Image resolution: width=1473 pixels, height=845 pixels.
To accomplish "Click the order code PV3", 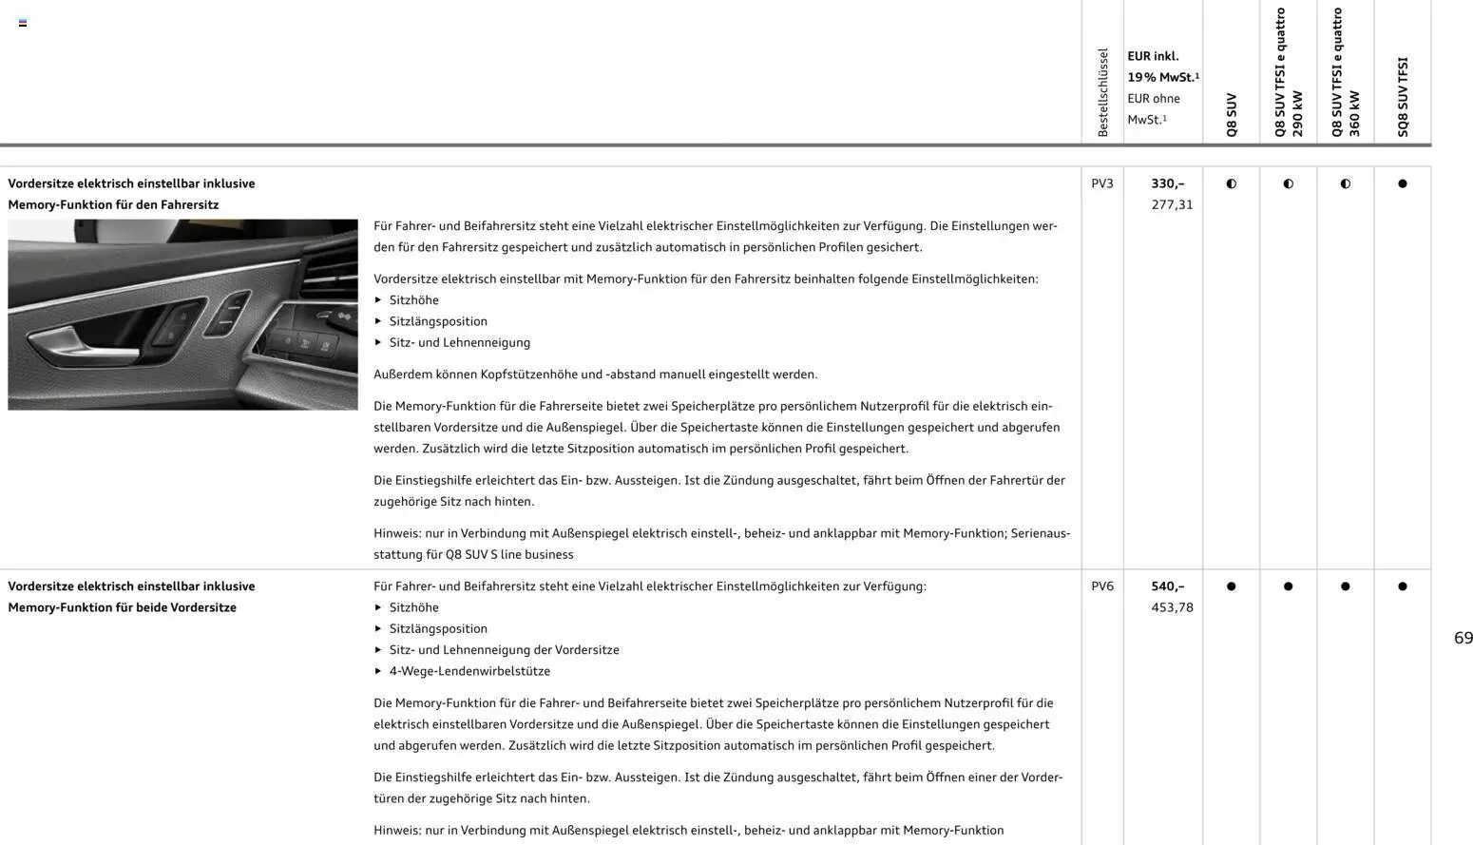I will click(x=1101, y=183).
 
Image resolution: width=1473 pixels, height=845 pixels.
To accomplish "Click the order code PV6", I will click(x=1101, y=586).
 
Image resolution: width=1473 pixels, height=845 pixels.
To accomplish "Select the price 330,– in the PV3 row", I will click(x=1167, y=183).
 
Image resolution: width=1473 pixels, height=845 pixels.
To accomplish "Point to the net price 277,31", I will click(x=1172, y=204).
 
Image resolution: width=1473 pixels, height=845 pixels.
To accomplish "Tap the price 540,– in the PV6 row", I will click(x=1167, y=586).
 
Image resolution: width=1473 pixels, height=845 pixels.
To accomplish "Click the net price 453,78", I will click(x=1172, y=607).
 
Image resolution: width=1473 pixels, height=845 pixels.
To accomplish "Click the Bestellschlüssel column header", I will click(x=1102, y=92).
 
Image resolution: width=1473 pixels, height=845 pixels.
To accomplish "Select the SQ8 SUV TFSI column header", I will click(x=1403, y=97).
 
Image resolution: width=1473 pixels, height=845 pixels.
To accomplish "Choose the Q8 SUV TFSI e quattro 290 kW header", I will click(x=1289, y=73).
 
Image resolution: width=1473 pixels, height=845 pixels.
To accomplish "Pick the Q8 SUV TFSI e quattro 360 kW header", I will click(x=1346, y=73).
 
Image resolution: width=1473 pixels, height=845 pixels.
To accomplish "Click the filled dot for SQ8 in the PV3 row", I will click(x=1402, y=183).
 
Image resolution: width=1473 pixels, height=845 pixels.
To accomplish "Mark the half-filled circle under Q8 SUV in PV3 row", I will click(x=1231, y=183).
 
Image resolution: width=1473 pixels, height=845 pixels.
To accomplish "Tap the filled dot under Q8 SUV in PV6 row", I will click(x=1231, y=586).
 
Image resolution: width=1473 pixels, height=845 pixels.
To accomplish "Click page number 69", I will click(x=1463, y=638).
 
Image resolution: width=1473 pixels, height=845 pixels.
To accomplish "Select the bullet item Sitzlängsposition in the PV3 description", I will click(x=437, y=321).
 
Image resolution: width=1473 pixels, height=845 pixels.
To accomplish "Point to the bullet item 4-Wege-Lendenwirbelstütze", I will click(x=469, y=671).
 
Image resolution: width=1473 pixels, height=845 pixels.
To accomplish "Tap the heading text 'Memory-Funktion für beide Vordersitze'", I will click(x=122, y=607).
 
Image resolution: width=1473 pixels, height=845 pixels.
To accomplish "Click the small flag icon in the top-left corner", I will click(x=23, y=23).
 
